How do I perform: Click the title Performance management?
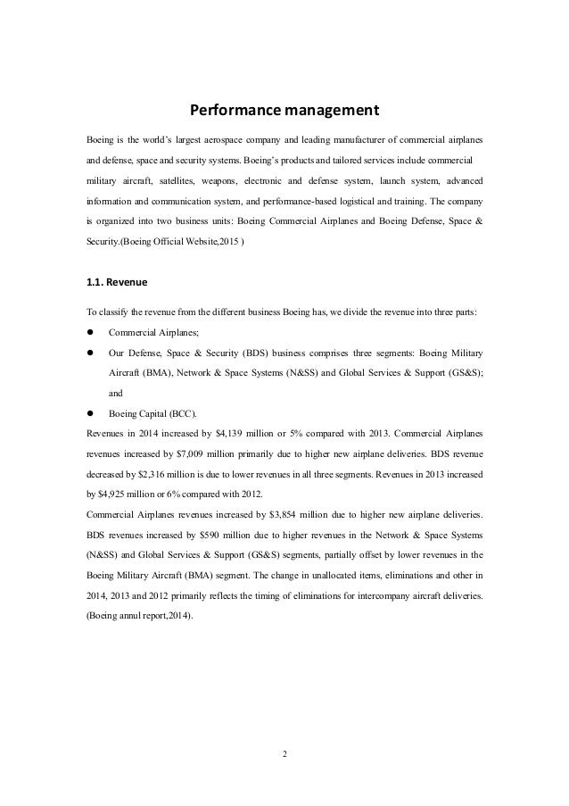click(284, 112)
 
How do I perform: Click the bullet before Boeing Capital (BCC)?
click(89, 413)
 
